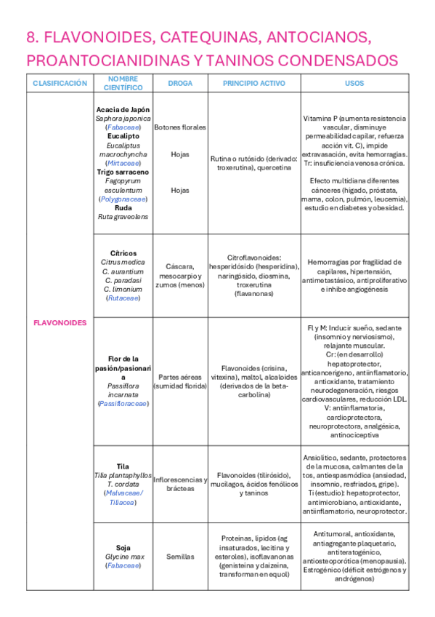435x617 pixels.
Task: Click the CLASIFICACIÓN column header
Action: (x=60, y=84)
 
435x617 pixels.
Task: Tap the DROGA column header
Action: (x=180, y=84)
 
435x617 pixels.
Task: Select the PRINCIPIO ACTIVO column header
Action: (x=254, y=84)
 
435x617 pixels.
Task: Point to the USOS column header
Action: (x=355, y=84)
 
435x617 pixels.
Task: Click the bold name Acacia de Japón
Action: (x=123, y=109)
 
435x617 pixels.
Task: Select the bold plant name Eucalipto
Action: (x=123, y=136)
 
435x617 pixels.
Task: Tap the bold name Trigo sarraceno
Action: (x=123, y=172)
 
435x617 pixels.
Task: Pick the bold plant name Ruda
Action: (x=123, y=207)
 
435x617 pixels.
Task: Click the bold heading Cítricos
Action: (x=123, y=253)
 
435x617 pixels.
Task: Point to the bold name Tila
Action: (x=123, y=466)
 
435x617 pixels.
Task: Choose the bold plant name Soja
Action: (x=123, y=547)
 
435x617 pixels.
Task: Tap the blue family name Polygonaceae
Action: (x=123, y=199)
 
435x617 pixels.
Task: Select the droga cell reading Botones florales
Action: (x=180, y=127)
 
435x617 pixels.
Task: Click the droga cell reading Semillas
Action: (x=180, y=556)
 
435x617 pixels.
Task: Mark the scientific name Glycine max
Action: (x=123, y=556)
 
